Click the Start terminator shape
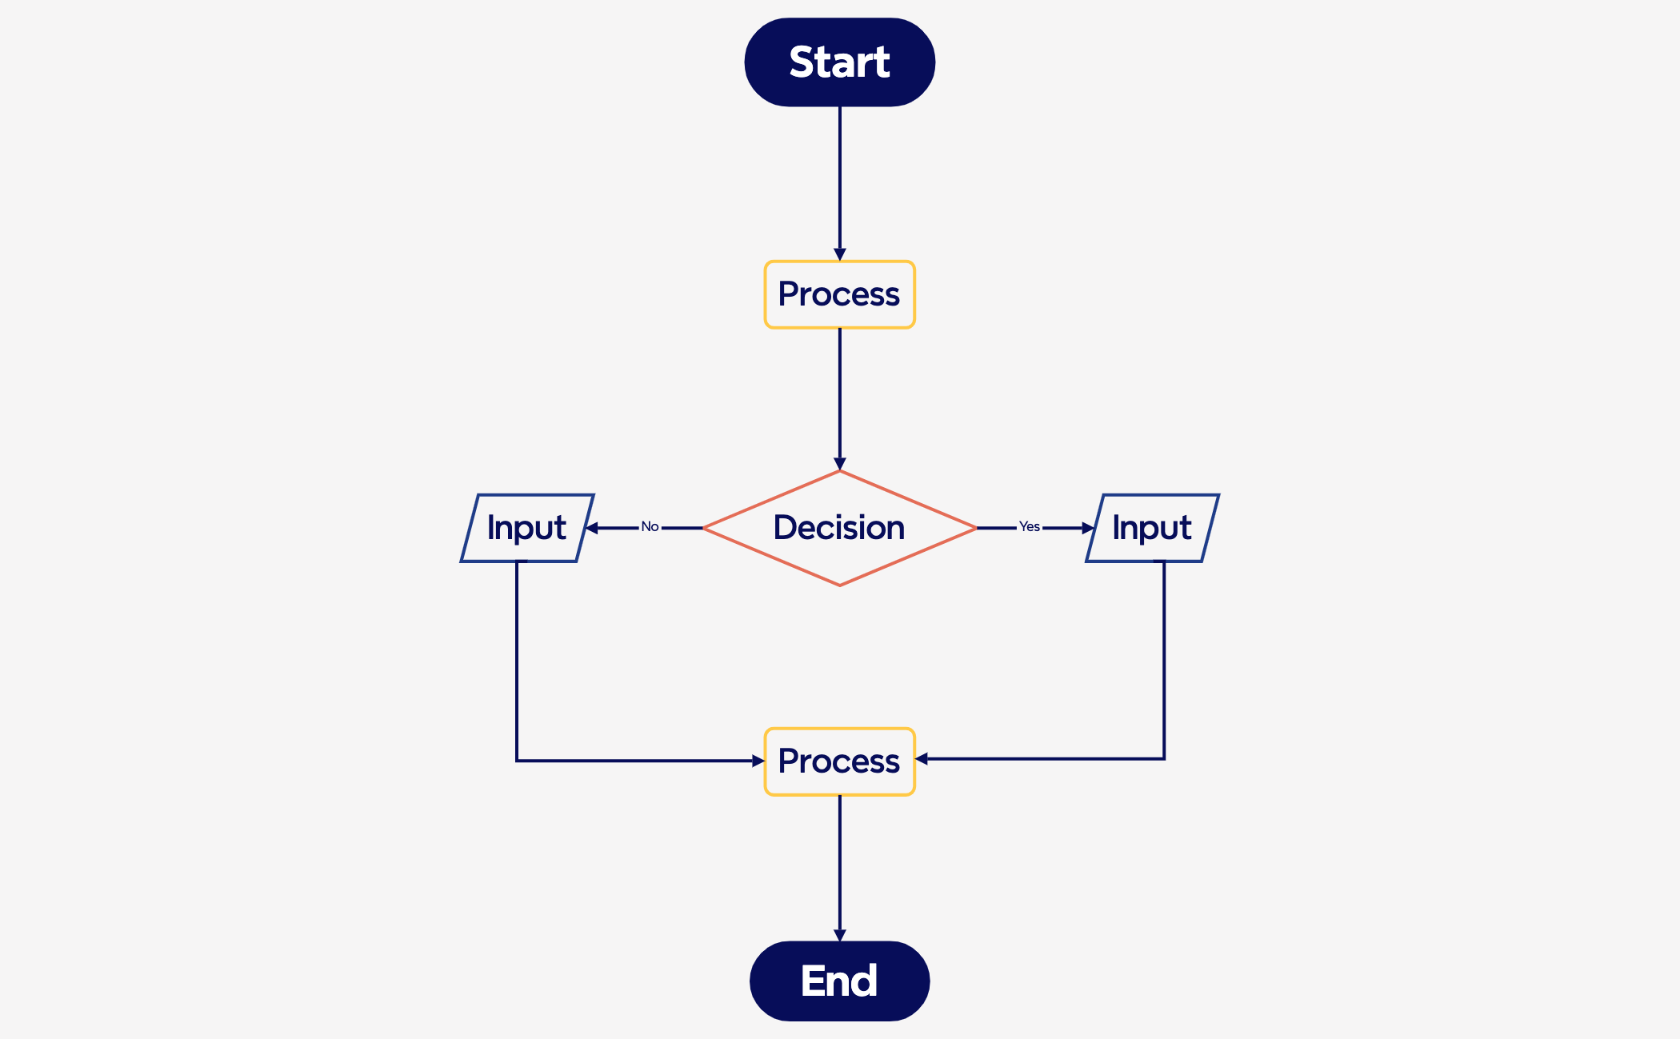[839, 62]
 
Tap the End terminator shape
[839, 981]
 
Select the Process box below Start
[839, 294]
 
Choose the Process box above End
[839, 761]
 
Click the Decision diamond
[839, 528]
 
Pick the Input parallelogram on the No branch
[526, 528]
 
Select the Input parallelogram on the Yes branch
[1152, 528]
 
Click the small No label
[650, 526]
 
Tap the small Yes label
[1029, 526]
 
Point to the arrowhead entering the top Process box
[839, 254]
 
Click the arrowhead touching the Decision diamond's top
[839, 464]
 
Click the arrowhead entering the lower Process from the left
[758, 761]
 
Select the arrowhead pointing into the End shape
[839, 935]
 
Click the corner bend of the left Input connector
[517, 761]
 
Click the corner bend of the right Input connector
[1164, 758]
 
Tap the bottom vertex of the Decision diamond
[839, 585]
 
